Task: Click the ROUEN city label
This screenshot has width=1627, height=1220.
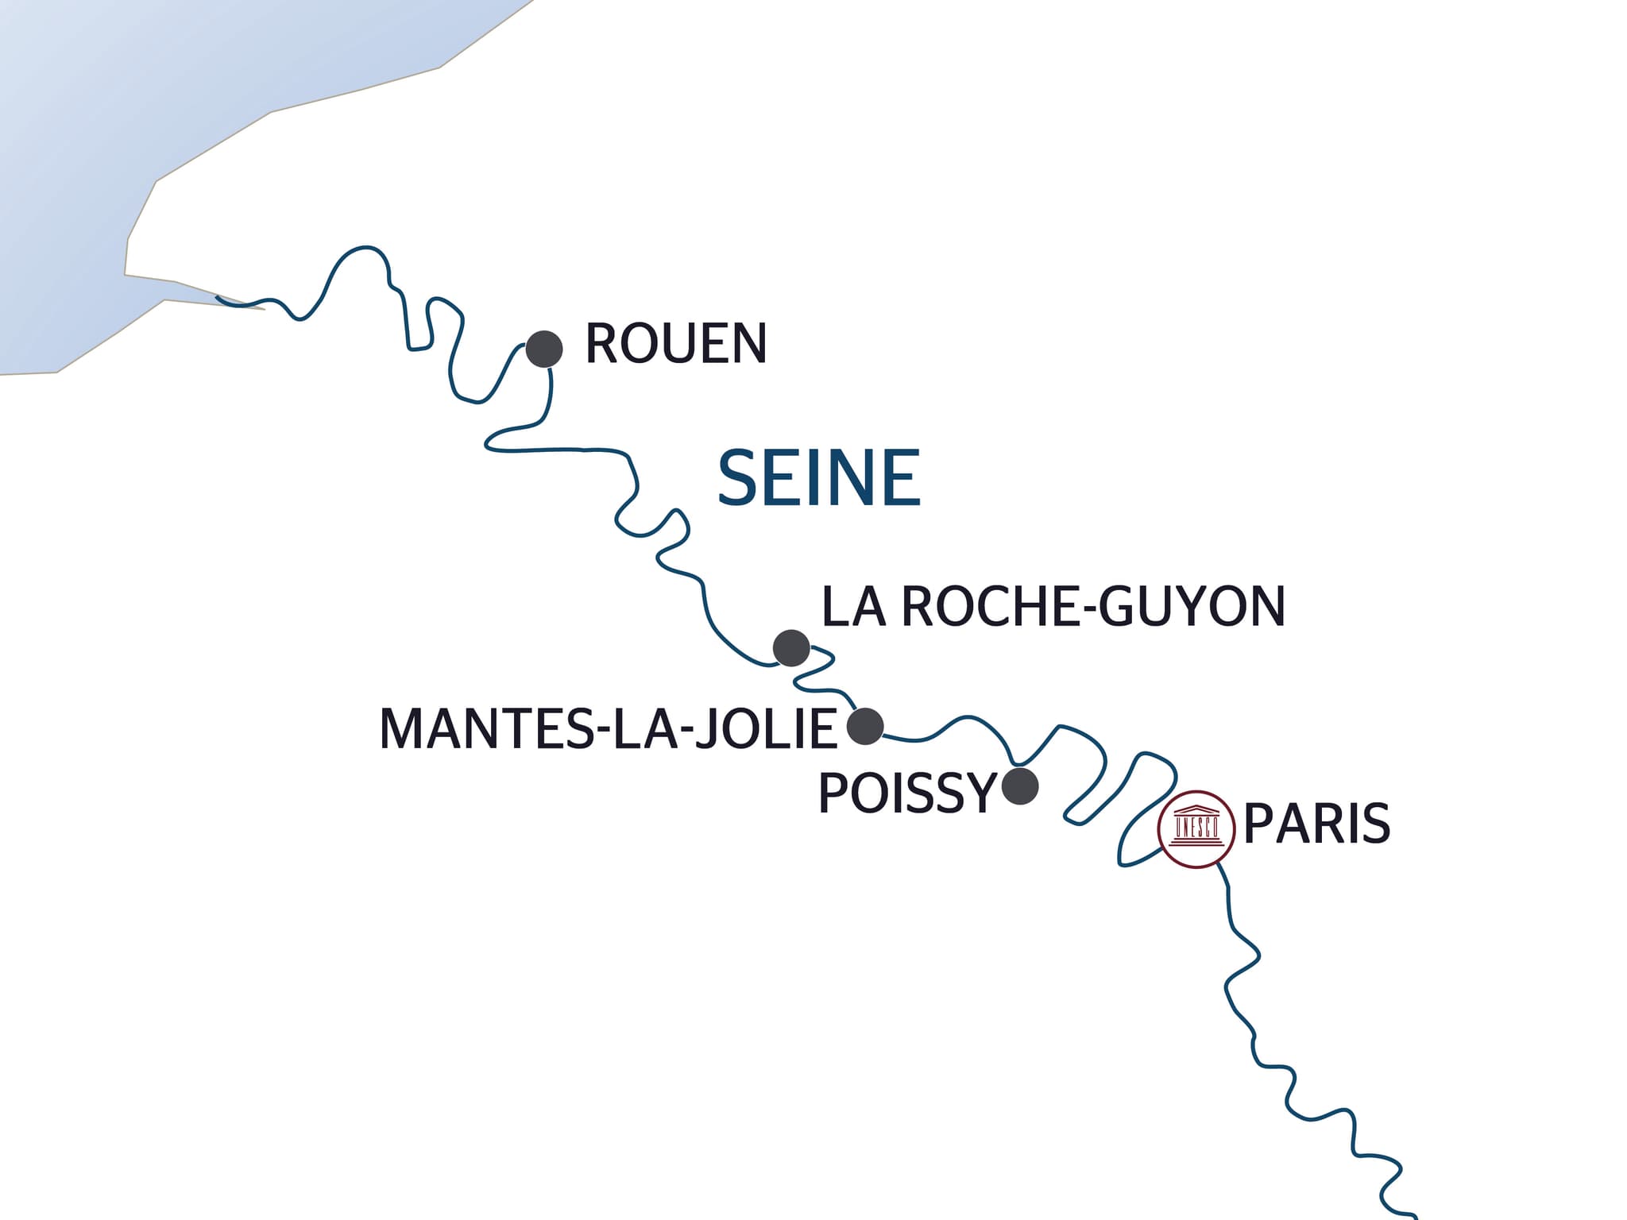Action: coord(675,344)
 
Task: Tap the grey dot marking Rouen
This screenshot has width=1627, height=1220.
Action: coord(545,349)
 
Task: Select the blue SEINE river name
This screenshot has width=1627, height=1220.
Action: coord(819,478)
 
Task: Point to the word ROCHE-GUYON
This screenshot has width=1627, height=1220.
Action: coord(1094,607)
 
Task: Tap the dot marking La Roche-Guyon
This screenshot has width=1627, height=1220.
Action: coord(791,648)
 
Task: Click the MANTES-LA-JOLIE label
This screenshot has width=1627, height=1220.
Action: coord(609,728)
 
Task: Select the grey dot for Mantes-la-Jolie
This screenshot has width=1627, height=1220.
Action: coord(865,725)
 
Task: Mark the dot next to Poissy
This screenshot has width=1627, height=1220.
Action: coord(1020,786)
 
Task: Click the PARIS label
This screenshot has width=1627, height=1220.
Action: coord(1316,824)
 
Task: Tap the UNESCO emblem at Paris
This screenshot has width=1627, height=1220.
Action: coord(1196,828)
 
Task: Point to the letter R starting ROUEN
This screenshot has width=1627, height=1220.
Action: coord(601,344)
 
